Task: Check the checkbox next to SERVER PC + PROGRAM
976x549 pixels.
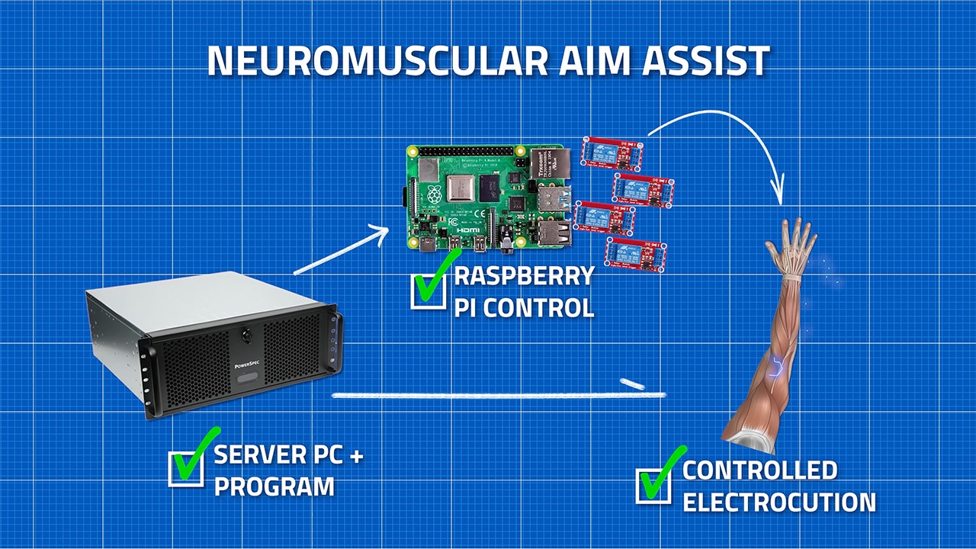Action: pyautogui.click(x=185, y=468)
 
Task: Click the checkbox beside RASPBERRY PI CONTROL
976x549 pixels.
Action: pyautogui.click(x=429, y=291)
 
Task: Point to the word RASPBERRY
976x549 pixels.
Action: pyautogui.click(x=524, y=275)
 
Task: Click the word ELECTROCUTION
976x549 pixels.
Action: pyautogui.click(x=779, y=503)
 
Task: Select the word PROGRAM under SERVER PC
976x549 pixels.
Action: pyautogui.click(x=274, y=486)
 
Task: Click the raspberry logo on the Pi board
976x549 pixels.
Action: pyautogui.click(x=434, y=194)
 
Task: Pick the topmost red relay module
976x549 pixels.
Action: pyautogui.click(x=612, y=152)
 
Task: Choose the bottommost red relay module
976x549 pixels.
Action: pyautogui.click(x=635, y=253)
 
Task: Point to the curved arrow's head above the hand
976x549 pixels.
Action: pyautogui.click(x=779, y=194)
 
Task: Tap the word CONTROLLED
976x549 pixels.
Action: pyautogui.click(x=759, y=470)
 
